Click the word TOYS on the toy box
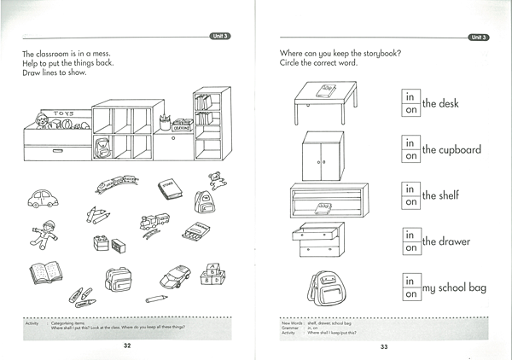[64, 113]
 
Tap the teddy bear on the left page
[216, 180]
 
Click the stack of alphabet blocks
[211, 276]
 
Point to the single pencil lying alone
[155, 299]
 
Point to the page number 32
[126, 345]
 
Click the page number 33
[384, 346]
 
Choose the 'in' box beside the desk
[410, 96]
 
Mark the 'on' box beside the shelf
[410, 203]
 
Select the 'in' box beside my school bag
[410, 280]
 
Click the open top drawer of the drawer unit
[317, 229]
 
